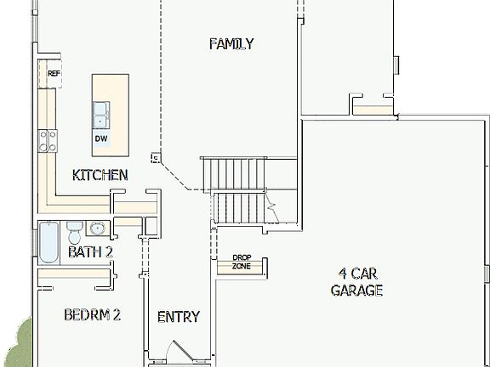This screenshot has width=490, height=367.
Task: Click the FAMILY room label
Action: (x=231, y=44)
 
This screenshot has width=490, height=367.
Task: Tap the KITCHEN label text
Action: (x=100, y=175)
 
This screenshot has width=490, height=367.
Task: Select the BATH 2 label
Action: (x=90, y=251)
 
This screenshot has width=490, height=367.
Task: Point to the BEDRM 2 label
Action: (x=92, y=315)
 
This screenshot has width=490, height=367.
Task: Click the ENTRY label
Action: (x=179, y=317)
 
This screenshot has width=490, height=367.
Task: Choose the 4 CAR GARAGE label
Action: (x=356, y=282)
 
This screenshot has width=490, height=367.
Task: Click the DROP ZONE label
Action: (x=242, y=263)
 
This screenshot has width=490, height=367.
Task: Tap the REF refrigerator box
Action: (x=54, y=74)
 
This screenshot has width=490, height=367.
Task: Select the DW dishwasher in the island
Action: (x=101, y=138)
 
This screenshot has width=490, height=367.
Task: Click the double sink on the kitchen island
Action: (x=102, y=111)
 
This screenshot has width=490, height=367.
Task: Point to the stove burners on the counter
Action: (x=46, y=140)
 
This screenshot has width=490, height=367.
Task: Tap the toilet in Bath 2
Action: (x=74, y=230)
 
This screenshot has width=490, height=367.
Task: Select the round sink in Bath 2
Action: (x=96, y=228)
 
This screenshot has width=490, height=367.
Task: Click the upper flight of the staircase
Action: (x=234, y=173)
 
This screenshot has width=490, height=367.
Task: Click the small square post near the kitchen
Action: (x=154, y=156)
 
